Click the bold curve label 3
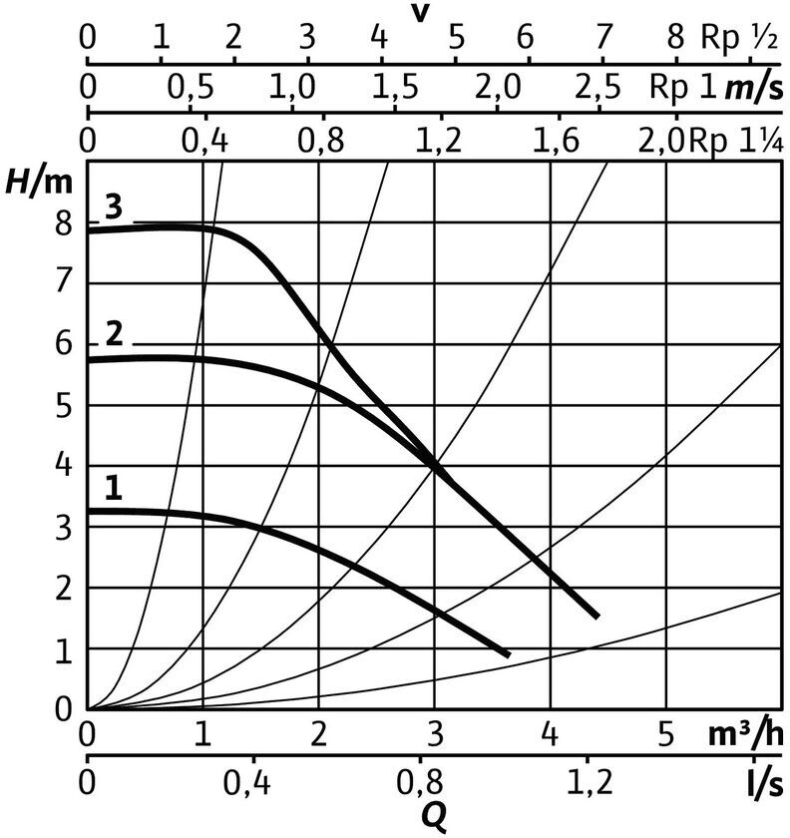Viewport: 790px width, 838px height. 113,209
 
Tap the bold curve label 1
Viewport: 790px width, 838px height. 114,488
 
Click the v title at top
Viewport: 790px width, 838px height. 420,13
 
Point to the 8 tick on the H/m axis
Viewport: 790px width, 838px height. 65,223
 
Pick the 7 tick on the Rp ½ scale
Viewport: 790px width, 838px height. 601,38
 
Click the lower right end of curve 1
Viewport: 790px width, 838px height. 509,654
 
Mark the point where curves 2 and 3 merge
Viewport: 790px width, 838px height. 435,465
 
